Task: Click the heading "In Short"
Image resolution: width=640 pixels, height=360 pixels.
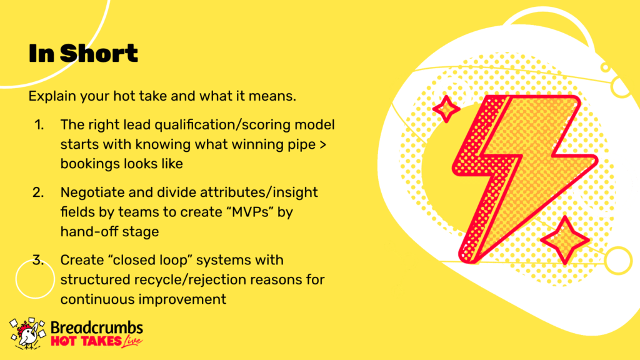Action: (83, 54)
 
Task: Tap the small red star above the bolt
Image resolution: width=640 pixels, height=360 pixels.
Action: (446, 109)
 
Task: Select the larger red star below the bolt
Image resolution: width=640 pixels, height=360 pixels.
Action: (565, 241)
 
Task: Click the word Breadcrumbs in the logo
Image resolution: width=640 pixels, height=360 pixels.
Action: (97, 327)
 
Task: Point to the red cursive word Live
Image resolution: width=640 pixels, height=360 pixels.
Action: (132, 342)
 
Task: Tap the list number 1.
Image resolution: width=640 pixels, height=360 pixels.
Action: (39, 125)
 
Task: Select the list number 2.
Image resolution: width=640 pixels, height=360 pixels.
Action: (38, 192)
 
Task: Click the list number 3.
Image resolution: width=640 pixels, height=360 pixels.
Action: (38, 260)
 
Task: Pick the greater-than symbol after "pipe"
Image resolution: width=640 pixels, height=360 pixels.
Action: (323, 145)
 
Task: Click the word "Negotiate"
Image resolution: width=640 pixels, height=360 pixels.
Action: (92, 192)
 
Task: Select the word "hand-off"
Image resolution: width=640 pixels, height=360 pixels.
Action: (86, 231)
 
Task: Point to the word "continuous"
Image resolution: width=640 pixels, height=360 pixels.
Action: (98, 299)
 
